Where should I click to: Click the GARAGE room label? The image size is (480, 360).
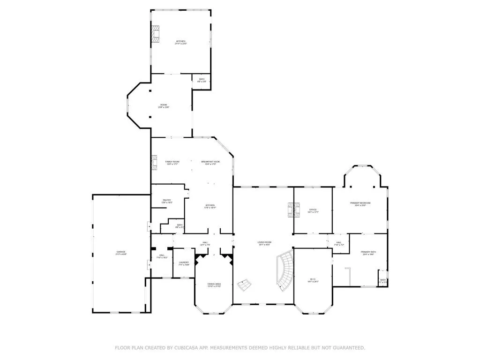click(121, 252)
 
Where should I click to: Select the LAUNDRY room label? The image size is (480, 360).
click(184, 262)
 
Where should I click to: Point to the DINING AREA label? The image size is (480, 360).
click(214, 284)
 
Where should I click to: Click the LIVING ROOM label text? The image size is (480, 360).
click(264, 242)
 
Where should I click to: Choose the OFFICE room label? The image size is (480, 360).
click(313, 210)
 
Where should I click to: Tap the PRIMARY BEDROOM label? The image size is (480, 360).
click(360, 203)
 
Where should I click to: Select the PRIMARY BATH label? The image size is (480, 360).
click(368, 252)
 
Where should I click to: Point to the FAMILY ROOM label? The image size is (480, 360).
click(172, 162)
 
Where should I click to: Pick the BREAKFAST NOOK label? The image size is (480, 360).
click(210, 162)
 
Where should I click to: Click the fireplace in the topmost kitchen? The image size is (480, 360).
click(156, 34)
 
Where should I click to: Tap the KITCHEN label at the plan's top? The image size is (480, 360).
click(180, 41)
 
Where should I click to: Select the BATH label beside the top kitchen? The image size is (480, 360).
click(202, 79)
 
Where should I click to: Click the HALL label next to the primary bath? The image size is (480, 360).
click(339, 242)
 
